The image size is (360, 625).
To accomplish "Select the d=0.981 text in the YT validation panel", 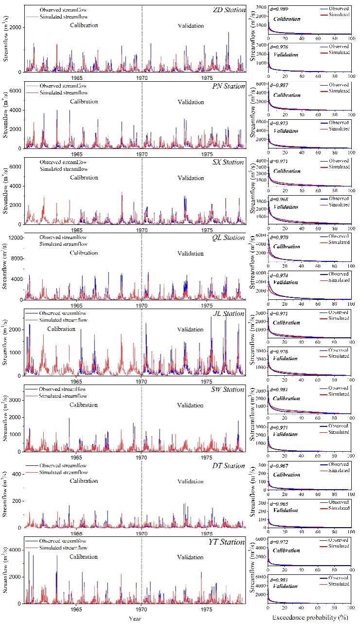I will [x=280, y=579].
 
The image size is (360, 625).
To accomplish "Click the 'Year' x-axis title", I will [x=135, y=618].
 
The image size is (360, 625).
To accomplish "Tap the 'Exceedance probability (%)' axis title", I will [x=309, y=618].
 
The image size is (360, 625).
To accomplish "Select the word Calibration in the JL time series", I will [x=61, y=329].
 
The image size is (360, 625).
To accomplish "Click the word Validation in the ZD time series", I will [x=190, y=26].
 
